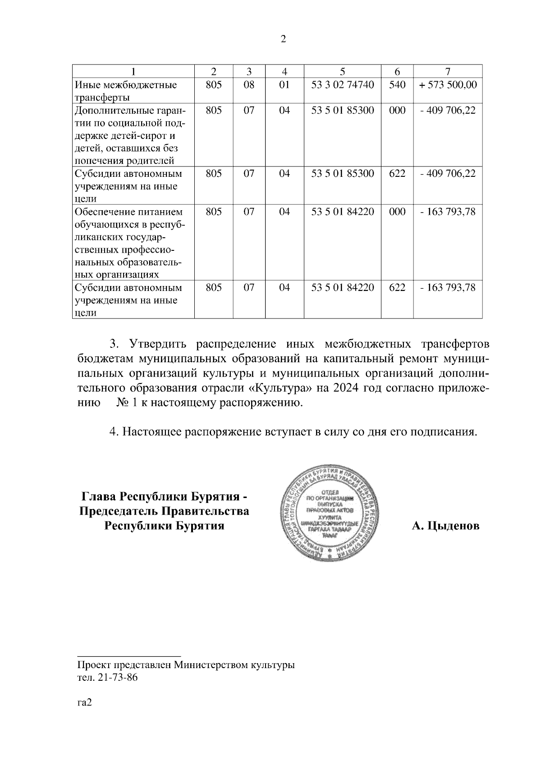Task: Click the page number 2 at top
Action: (x=283, y=39)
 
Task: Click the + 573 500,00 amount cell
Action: (x=448, y=85)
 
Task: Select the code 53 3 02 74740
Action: (x=343, y=85)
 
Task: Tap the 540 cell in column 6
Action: (x=397, y=85)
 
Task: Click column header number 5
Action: (x=343, y=71)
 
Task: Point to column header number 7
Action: (x=448, y=71)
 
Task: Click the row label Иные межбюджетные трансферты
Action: (x=126, y=91)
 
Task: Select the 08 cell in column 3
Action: (x=249, y=85)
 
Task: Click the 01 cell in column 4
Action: (x=284, y=85)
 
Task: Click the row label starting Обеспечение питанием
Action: (x=128, y=243)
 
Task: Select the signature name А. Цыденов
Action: (x=445, y=526)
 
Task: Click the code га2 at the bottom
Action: (x=84, y=702)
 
